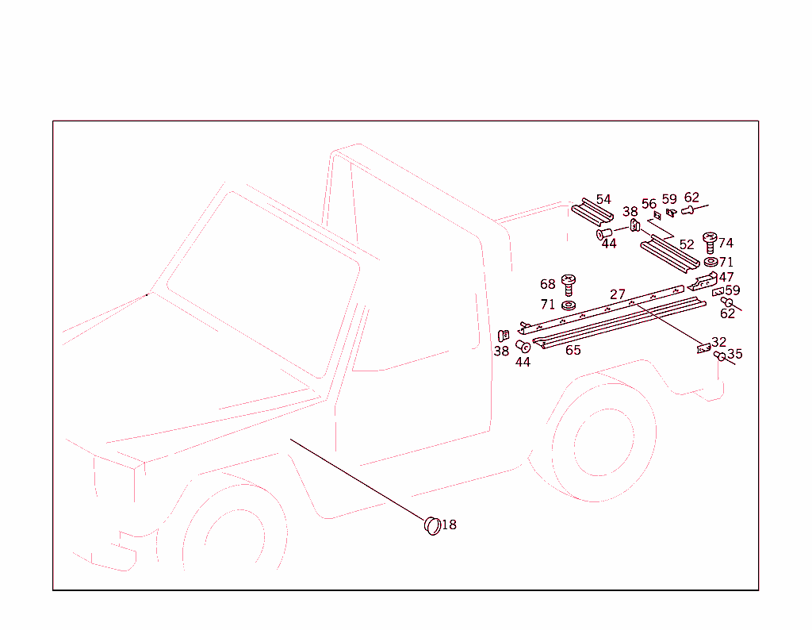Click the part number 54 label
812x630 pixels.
click(604, 199)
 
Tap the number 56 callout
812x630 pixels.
click(649, 204)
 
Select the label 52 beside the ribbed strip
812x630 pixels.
click(686, 244)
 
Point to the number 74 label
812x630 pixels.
click(726, 243)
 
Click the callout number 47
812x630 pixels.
click(726, 278)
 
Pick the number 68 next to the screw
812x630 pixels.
click(548, 284)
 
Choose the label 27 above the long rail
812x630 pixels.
click(618, 294)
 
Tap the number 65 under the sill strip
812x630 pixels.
click(573, 350)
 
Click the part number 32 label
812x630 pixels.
click(718, 342)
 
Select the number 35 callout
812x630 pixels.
click(735, 354)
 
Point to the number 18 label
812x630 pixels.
click(449, 524)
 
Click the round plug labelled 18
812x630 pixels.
click(432, 524)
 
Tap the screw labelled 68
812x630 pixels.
click(568, 283)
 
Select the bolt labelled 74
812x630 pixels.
click(710, 242)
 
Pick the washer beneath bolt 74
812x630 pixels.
click(710, 262)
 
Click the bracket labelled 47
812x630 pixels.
click(703, 282)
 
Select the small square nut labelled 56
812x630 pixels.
click(657, 215)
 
